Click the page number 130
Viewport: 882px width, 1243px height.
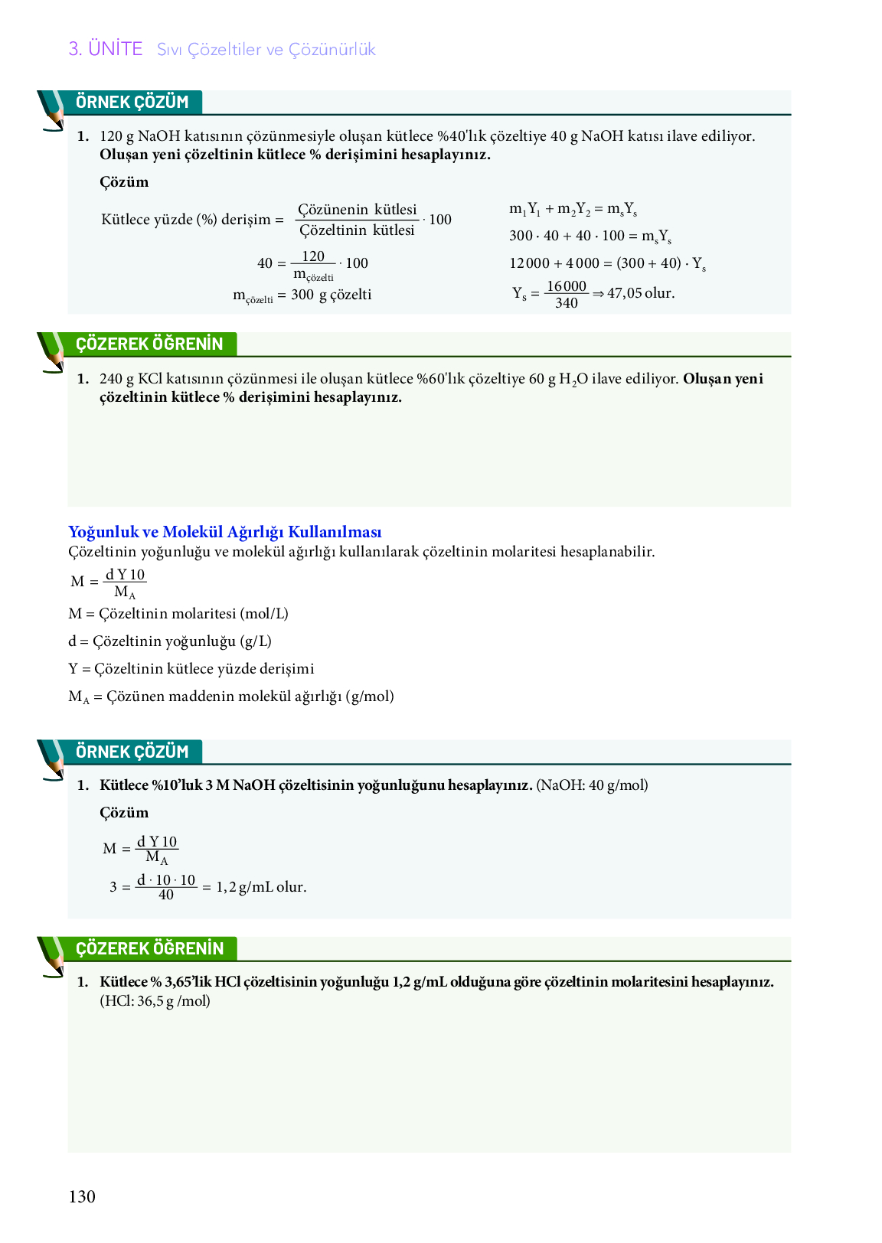pyautogui.click(x=82, y=1197)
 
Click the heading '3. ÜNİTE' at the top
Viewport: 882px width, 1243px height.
pyautogui.click(x=106, y=49)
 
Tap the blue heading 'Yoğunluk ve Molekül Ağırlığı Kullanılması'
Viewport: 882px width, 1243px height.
pyautogui.click(x=224, y=532)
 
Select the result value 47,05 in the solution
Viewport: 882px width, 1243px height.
pyautogui.click(x=624, y=293)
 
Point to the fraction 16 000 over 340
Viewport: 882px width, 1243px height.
pyautogui.click(x=566, y=295)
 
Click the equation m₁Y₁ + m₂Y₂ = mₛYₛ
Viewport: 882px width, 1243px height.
pyautogui.click(x=573, y=209)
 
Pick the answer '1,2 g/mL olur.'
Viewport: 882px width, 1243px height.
pyautogui.click(x=261, y=887)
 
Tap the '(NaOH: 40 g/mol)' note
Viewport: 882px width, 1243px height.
pyautogui.click(x=592, y=785)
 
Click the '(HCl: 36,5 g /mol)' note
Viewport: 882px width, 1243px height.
pyautogui.click(x=155, y=1001)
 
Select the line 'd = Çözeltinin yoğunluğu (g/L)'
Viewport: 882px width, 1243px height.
pyautogui.click(x=170, y=641)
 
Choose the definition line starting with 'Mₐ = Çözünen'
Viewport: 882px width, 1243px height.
pyautogui.click(x=230, y=697)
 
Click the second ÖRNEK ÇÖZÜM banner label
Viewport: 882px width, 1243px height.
pyautogui.click(x=132, y=752)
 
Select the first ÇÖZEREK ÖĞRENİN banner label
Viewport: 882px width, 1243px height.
pyautogui.click(x=149, y=344)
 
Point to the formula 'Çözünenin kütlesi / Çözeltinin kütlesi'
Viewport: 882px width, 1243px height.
pyautogui.click(x=357, y=220)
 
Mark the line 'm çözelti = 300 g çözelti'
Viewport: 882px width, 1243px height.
pyautogui.click(x=302, y=295)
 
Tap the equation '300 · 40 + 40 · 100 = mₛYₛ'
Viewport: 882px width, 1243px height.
pyautogui.click(x=590, y=237)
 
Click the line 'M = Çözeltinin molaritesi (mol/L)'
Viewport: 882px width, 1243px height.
pyautogui.click(x=178, y=614)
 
